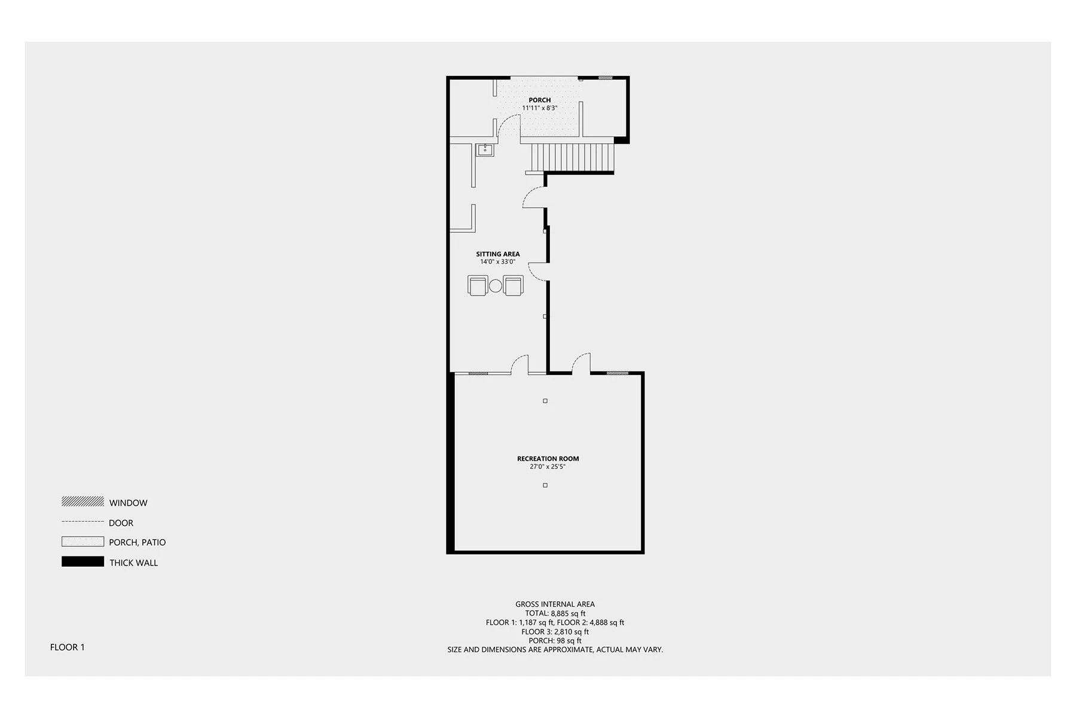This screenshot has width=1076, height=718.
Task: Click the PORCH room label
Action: (x=539, y=100)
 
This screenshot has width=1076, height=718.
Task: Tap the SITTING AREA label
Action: (x=497, y=254)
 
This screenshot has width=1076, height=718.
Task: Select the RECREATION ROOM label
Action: (x=548, y=459)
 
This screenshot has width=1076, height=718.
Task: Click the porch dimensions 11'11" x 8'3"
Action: (x=539, y=108)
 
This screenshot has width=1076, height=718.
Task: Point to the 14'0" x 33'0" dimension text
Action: (x=497, y=262)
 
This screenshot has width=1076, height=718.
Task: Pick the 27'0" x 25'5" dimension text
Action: (x=547, y=467)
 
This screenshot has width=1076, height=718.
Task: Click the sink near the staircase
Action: (x=485, y=150)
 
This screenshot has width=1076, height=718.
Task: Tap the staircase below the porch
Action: (x=572, y=157)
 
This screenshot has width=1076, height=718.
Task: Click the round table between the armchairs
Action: (x=496, y=286)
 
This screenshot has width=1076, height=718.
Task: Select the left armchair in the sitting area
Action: (x=478, y=285)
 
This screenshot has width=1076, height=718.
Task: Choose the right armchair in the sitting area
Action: (x=513, y=285)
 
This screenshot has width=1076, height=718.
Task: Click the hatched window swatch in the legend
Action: (x=82, y=501)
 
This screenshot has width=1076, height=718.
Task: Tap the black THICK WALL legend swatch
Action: (x=82, y=562)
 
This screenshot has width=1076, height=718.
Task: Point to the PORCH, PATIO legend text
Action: (x=137, y=543)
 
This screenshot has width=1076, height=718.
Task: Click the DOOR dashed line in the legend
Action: (x=82, y=522)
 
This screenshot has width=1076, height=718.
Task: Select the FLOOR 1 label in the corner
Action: (x=68, y=647)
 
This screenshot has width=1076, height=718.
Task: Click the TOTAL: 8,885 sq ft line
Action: (x=555, y=613)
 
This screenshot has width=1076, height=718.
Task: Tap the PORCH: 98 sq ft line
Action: (x=555, y=641)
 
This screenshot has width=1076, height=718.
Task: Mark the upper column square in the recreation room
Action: (x=545, y=401)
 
